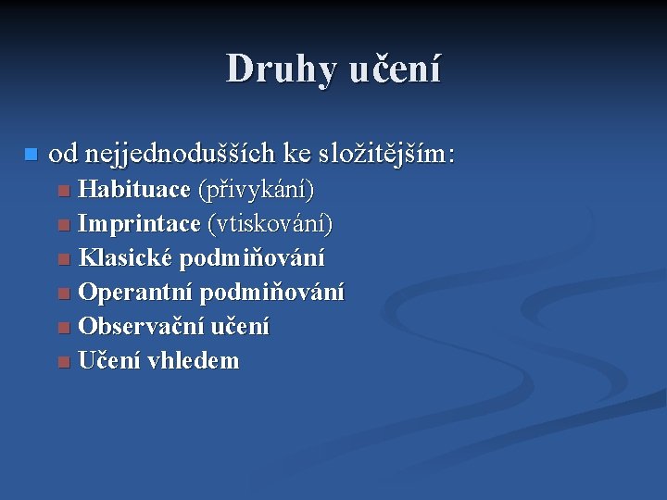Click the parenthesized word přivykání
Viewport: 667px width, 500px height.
[257, 191]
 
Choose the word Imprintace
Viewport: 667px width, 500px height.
[139, 224]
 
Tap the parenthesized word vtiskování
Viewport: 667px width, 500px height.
[271, 224]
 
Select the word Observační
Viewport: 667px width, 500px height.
[141, 327]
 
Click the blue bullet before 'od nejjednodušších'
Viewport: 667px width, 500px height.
[31, 153]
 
